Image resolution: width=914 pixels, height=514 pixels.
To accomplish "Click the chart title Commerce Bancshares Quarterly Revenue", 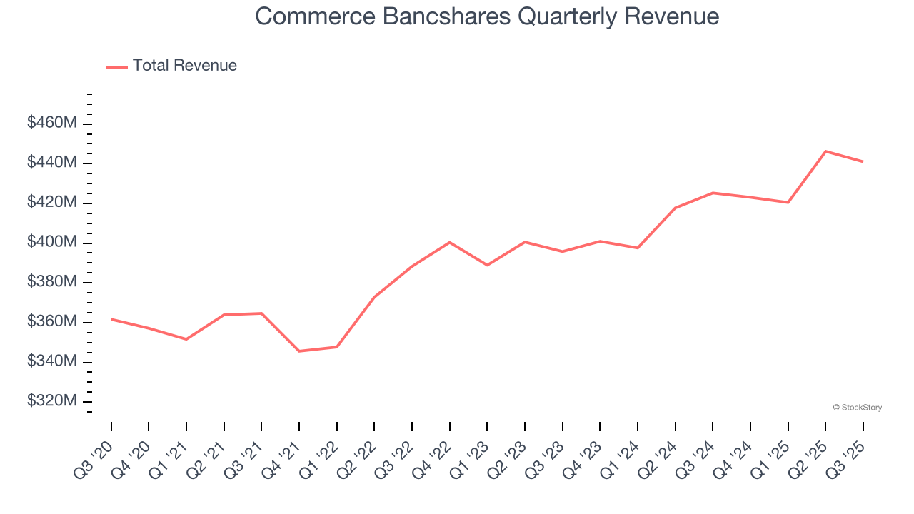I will (487, 16).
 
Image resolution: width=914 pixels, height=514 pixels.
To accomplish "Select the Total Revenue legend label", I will (184, 66).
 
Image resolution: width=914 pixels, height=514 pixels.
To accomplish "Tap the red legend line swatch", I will (116, 66).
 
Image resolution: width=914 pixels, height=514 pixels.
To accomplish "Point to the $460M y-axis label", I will (51, 124).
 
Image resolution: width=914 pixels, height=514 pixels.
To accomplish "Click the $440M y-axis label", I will (51, 163).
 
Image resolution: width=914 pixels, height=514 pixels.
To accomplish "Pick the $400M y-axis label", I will (51, 243).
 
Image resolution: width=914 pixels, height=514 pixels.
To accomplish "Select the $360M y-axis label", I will (51, 322).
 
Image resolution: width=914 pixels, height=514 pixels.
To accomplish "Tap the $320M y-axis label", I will (51, 401).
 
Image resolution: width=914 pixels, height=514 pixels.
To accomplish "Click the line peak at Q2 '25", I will (825, 151).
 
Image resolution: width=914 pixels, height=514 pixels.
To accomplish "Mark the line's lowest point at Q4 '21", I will (299, 351).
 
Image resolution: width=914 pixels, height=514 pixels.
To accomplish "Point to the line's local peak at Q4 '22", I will (449, 243).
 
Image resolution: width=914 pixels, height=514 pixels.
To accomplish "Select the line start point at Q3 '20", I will (111, 319).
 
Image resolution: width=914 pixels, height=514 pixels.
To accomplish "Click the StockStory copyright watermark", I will (857, 408).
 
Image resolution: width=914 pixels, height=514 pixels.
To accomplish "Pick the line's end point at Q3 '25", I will (863, 161).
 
